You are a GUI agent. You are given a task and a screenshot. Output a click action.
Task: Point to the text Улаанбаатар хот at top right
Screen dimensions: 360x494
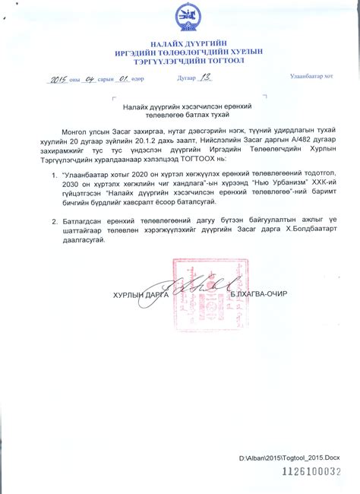[313, 76]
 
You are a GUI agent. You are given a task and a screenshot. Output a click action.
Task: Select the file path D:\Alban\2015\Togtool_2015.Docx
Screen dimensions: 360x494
[289, 458]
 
